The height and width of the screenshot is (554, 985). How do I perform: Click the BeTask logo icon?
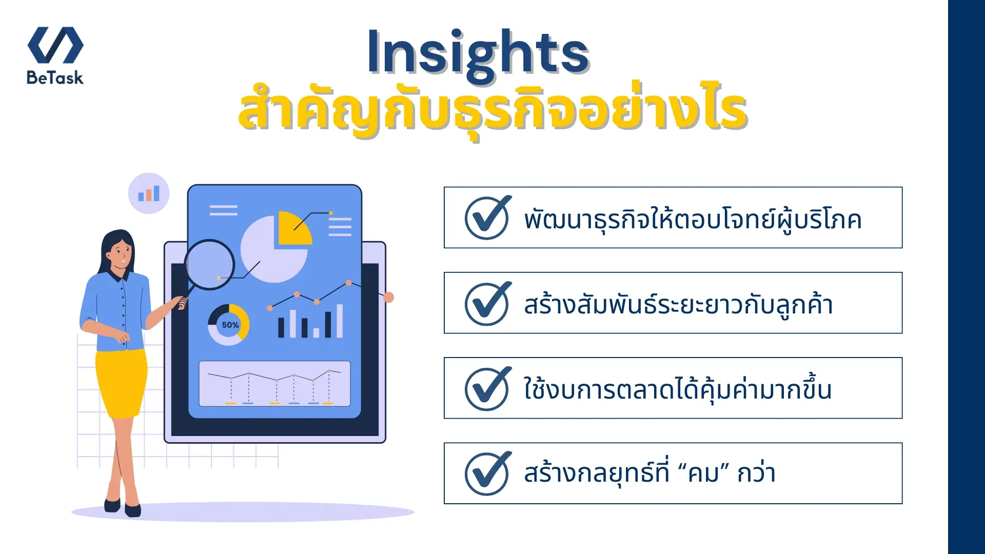(x=55, y=45)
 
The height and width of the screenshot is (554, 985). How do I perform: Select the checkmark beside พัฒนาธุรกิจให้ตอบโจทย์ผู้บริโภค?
(x=487, y=218)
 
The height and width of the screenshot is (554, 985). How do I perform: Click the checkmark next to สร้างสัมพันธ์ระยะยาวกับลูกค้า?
(x=487, y=304)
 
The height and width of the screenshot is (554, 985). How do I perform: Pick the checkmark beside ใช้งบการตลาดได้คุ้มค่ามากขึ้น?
(x=487, y=389)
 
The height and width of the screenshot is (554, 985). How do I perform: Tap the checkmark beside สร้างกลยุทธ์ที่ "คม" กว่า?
(x=487, y=473)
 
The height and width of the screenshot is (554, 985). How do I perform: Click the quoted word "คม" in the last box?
(x=704, y=473)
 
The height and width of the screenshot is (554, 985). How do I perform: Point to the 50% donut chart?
(x=229, y=325)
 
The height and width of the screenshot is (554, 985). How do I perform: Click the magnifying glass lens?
(x=209, y=264)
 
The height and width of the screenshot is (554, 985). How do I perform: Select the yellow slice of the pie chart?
(x=292, y=228)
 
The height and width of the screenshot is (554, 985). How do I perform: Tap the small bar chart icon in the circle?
(x=149, y=193)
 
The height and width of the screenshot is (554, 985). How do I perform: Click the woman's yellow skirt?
(x=121, y=382)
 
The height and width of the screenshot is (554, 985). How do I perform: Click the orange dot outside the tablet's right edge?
(x=388, y=297)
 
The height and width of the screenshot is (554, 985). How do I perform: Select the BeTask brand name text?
(x=55, y=78)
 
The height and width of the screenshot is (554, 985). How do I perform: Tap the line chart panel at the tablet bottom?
(x=274, y=383)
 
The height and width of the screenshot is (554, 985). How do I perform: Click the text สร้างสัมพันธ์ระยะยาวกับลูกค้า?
(x=678, y=305)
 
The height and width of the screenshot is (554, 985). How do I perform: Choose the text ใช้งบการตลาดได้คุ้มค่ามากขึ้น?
(x=677, y=389)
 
